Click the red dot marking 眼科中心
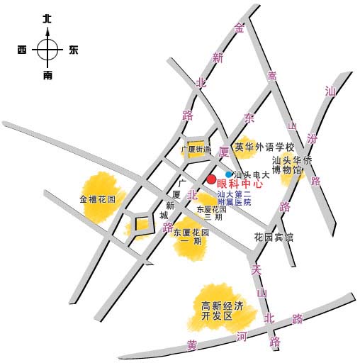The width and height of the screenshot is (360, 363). [x=211, y=179]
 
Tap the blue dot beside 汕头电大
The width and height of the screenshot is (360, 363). [x=228, y=174]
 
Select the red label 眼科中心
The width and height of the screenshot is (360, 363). [x=240, y=184]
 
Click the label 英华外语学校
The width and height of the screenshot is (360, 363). [x=264, y=147]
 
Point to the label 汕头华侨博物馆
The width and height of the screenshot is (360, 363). [x=292, y=165]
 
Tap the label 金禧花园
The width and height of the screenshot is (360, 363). [x=98, y=199]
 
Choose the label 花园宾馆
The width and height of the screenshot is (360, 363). [x=274, y=237]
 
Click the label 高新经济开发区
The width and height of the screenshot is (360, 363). [x=222, y=311]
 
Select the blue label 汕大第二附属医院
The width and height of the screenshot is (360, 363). [x=234, y=199]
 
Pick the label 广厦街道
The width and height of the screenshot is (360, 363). [x=196, y=150]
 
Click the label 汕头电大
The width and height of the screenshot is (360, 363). [x=252, y=175]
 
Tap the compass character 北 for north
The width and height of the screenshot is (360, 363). [x=47, y=18]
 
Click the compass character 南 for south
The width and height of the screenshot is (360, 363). [x=47, y=76]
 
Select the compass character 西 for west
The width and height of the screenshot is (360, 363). [x=22, y=50]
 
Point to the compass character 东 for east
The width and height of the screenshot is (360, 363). [x=74, y=50]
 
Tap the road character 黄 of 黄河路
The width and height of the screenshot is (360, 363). [x=192, y=346]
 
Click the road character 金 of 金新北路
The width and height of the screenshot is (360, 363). [x=239, y=28]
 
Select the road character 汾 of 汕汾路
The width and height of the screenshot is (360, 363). [x=312, y=139]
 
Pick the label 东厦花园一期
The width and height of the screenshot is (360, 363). [x=191, y=237]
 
